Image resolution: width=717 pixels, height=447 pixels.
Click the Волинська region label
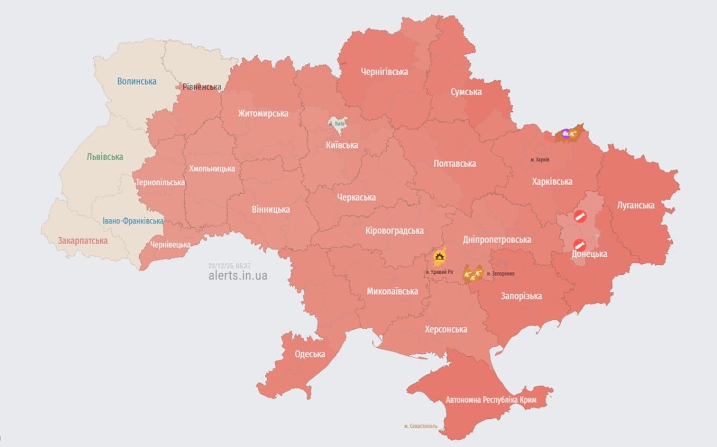pos(137,81)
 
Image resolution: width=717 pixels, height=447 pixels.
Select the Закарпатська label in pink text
pos(82,241)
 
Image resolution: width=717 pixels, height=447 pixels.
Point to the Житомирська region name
pos(263,113)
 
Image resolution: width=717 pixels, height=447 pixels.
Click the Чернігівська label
pos(384,72)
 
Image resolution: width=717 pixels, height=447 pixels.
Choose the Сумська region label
pos(466,91)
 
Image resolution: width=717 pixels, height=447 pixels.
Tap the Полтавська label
pos(454,163)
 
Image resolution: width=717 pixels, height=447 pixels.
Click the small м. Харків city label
pos(540,160)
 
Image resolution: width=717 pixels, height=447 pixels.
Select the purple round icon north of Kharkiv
pos(563,134)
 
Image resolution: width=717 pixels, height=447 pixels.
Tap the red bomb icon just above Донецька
pos(579,244)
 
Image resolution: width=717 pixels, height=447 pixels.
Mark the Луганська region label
pos(636,205)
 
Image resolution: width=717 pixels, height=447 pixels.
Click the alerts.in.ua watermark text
pos(237,275)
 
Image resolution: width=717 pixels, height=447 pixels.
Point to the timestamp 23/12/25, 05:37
pos(229,265)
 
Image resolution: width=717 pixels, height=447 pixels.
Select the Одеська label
pos(310,354)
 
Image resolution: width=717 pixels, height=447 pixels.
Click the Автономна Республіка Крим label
pos(491,399)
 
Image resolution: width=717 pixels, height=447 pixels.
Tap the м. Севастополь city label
pos(421,426)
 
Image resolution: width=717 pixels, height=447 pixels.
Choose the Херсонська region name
pos(446,329)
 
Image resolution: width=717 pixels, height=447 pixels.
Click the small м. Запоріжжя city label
pos(501,274)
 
